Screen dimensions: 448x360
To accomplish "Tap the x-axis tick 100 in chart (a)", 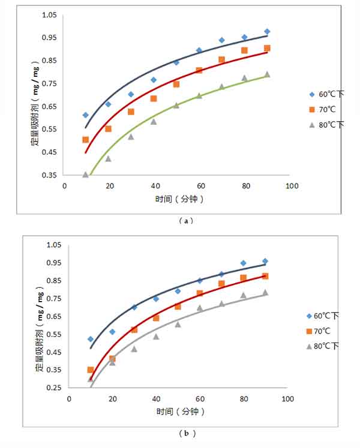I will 292,186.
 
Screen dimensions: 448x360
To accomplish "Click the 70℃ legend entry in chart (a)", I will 323,109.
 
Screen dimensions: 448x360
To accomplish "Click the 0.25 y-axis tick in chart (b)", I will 54,388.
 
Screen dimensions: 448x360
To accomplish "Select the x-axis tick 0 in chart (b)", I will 69,399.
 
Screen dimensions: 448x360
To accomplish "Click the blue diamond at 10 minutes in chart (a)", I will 86,115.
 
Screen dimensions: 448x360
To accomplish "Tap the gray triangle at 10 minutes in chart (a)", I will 86,175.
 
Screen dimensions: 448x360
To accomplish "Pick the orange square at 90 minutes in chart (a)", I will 267,48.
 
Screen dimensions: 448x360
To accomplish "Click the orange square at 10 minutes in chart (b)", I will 91,370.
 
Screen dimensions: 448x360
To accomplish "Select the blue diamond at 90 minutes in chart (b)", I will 265,261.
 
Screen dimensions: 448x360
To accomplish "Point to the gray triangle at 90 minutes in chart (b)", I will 265,293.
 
